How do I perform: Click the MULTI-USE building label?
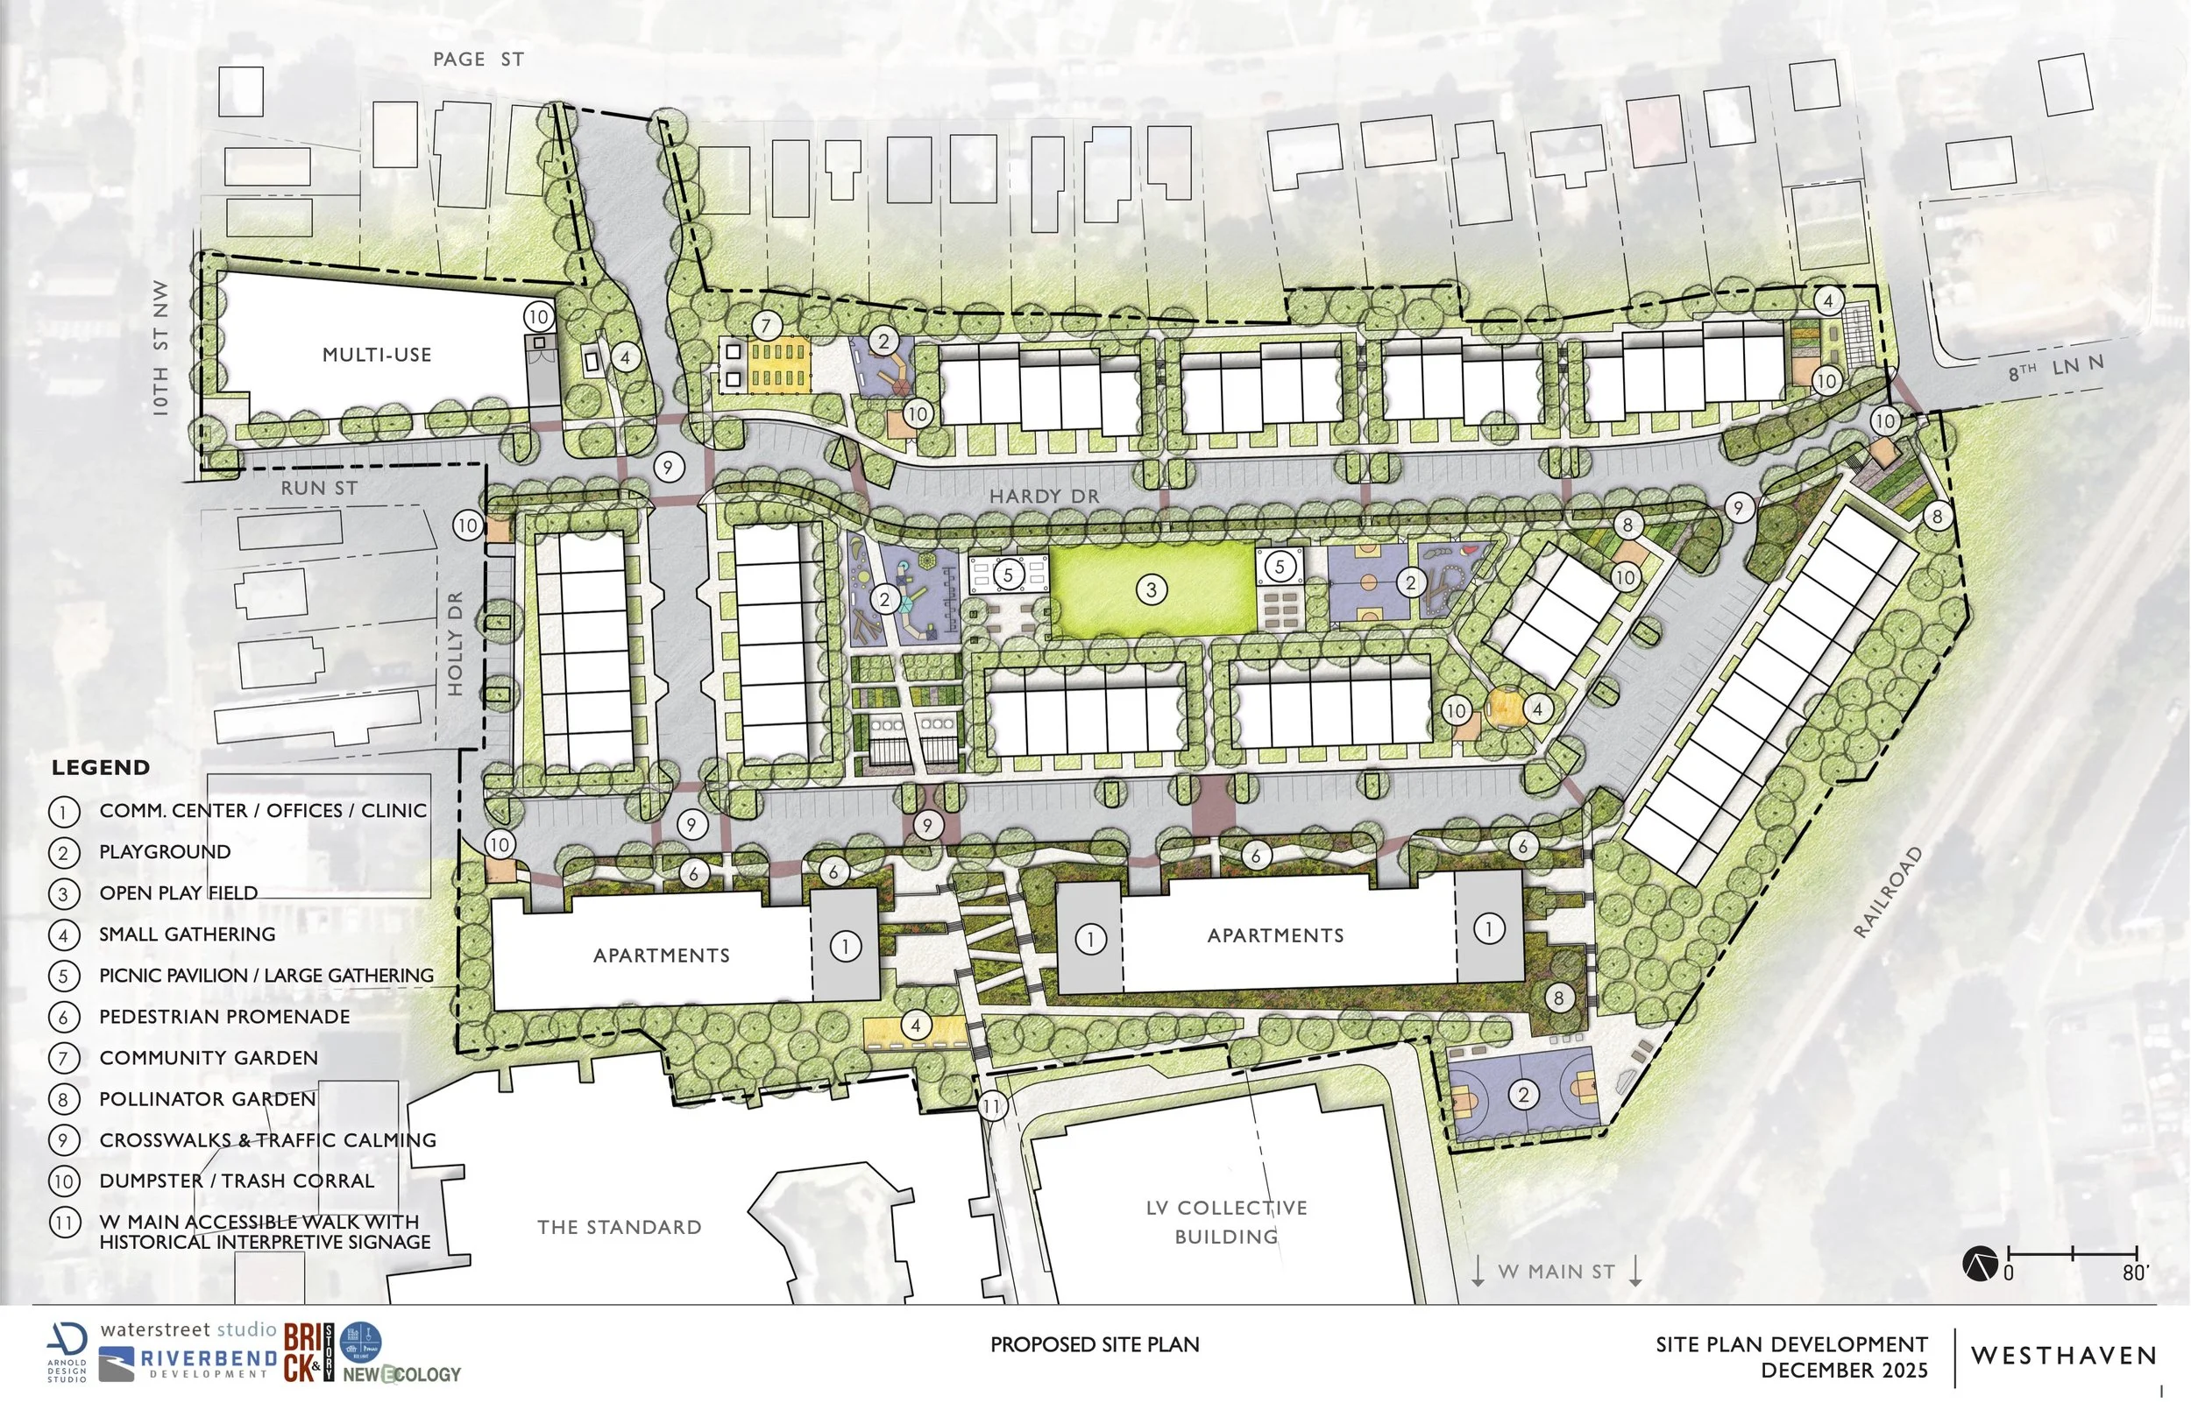pyautogui.click(x=377, y=354)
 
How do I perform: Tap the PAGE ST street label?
pyautogui.click(x=478, y=60)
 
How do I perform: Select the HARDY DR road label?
pyautogui.click(x=1044, y=497)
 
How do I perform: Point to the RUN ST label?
pyautogui.click(x=318, y=488)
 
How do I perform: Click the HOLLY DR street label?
pyautogui.click(x=456, y=643)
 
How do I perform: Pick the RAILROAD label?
pyautogui.click(x=1888, y=892)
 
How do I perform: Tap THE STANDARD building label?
pyautogui.click(x=619, y=1228)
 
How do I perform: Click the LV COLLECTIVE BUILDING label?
pyautogui.click(x=1226, y=1222)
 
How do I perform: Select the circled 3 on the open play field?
pyautogui.click(x=1151, y=589)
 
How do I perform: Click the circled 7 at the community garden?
pyautogui.click(x=766, y=325)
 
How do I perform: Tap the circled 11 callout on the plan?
pyautogui.click(x=991, y=1105)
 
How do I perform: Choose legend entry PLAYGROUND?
pyautogui.click(x=165, y=852)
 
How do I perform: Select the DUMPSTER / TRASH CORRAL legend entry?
pyautogui.click(x=237, y=1181)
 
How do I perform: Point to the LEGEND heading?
pyautogui.click(x=100, y=768)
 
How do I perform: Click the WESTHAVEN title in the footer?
pyautogui.click(x=2064, y=1356)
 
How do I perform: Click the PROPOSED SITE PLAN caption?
pyautogui.click(x=1095, y=1345)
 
